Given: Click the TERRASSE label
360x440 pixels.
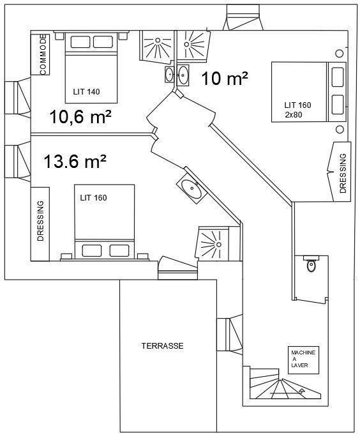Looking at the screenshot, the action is (162, 345).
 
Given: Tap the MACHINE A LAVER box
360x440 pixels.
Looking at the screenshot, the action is (304, 360).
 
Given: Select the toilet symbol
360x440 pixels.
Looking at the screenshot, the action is (311, 264).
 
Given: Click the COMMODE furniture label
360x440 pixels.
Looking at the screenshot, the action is (43, 55).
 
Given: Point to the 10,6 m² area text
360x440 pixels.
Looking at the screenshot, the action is (80, 117).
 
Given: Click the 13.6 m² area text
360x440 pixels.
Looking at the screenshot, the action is (75, 162).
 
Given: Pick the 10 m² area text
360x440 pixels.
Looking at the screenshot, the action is (225, 79).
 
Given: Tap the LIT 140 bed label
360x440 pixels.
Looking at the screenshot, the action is (86, 92).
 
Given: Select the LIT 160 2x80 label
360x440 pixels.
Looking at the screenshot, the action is (297, 110).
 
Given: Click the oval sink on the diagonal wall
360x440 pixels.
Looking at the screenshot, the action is (191, 188).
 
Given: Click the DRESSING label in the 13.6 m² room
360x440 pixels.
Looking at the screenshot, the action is (41, 220).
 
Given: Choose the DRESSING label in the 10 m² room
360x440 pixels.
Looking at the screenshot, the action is (343, 173).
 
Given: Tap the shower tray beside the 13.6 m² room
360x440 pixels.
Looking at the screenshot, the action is (212, 243).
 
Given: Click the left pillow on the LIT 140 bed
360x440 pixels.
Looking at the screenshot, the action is (80, 42).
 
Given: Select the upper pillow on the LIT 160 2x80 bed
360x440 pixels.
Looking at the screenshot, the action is (338, 77).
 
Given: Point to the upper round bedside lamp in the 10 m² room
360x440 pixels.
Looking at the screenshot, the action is (339, 53).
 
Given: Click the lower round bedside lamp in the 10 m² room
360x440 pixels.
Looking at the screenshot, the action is (340, 130).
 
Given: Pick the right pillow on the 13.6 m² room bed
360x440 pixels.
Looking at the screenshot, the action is (119, 250).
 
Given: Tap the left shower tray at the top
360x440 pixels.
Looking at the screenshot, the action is (156, 45).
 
